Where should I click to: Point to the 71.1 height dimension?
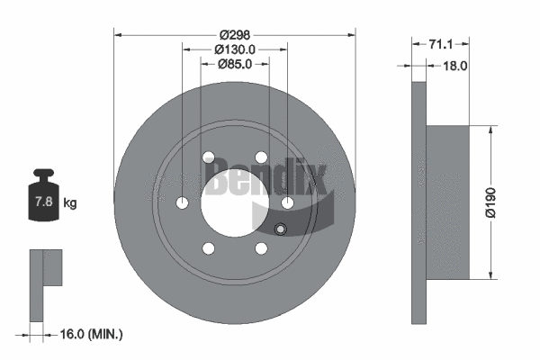[x=441, y=42]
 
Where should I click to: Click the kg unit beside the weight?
[x=70, y=202]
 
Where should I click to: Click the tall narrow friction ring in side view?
[x=418, y=202]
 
